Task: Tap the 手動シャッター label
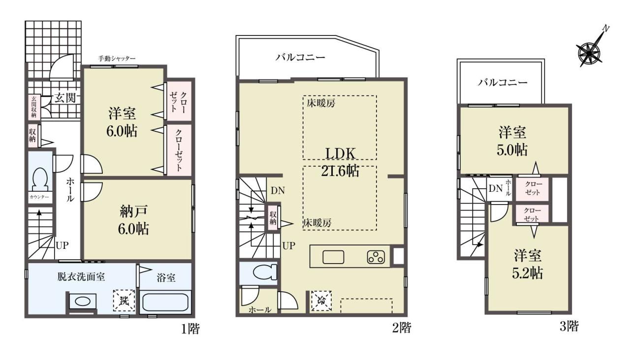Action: tap(117, 59)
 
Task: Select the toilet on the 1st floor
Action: tap(40, 180)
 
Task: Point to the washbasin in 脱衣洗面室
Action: tap(82, 302)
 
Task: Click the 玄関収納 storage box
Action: tap(34, 107)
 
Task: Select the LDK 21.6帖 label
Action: tap(340, 162)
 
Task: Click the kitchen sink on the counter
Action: tap(333, 257)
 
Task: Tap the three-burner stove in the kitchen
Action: tap(376, 257)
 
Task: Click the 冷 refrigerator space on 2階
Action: tap(321, 300)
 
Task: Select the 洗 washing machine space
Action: tap(124, 300)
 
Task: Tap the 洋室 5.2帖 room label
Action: tap(527, 264)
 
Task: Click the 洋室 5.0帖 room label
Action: tap(512, 141)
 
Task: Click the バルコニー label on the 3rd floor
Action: tap(503, 82)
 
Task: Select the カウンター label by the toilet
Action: tap(39, 197)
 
